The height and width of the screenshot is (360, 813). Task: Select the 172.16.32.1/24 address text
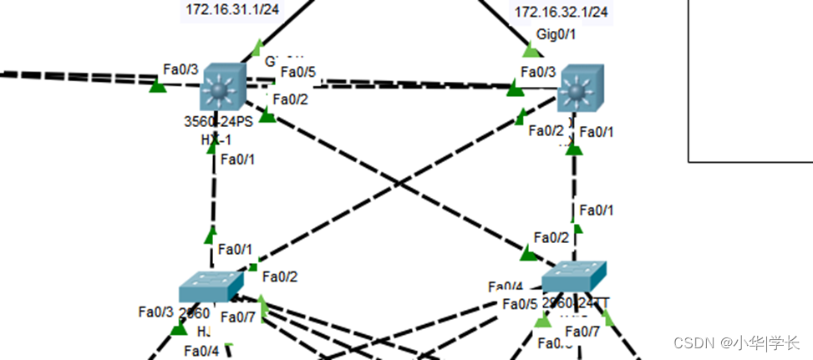point(561,12)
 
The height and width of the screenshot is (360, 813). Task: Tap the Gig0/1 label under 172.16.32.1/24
point(556,34)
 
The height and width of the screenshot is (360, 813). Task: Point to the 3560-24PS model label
point(218,121)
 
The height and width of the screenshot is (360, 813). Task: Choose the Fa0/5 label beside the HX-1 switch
point(298,72)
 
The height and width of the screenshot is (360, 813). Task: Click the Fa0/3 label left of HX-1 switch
point(181,68)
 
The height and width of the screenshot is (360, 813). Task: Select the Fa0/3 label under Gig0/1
point(538,72)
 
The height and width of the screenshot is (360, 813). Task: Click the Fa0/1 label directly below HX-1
point(238,160)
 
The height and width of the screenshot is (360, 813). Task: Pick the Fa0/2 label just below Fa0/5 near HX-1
point(291,99)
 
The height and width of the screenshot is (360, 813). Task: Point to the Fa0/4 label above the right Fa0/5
point(506,286)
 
